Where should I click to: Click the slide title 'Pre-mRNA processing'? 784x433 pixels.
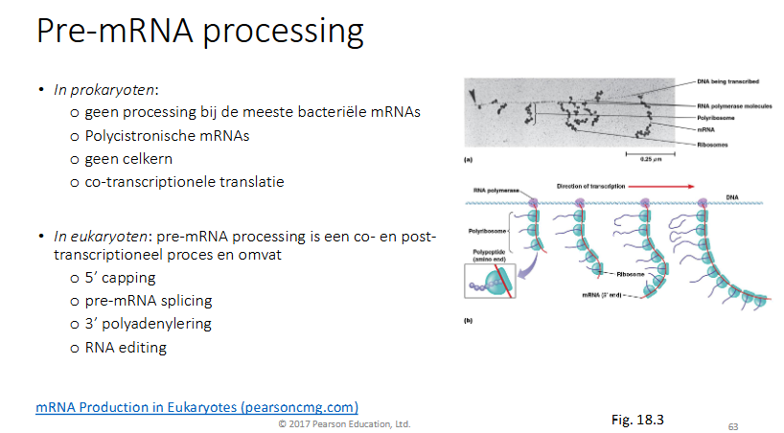199,33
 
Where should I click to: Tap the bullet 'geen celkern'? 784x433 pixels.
130,158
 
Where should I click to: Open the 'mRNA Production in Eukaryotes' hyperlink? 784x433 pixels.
197,407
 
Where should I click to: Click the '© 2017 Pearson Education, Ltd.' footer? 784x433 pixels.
344,423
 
